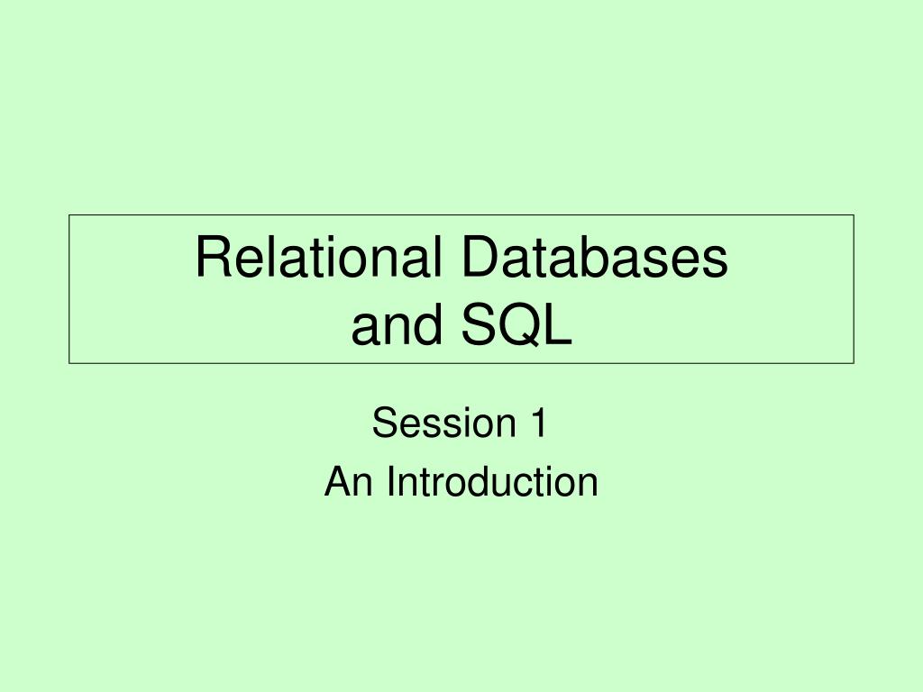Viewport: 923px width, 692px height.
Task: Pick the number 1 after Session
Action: [x=536, y=423]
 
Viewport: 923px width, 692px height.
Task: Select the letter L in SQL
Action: [x=558, y=326]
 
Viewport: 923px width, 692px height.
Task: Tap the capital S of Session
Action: [x=384, y=423]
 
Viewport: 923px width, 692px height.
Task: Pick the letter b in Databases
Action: [x=594, y=258]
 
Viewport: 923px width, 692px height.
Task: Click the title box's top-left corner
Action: [x=69, y=215]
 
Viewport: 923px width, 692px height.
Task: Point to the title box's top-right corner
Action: [x=854, y=215]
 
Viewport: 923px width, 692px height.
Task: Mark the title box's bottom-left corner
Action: [x=69, y=363]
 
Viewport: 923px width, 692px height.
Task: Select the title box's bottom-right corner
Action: [x=854, y=363]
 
